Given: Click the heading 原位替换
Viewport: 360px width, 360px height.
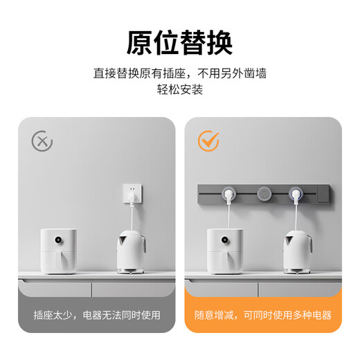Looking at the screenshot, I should click(179, 42).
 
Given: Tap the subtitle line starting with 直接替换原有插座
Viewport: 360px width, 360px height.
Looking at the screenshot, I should click(179, 73).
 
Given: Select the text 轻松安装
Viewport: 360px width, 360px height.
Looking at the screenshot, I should click(179, 90).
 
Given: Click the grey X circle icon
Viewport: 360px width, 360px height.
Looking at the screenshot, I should click(42, 142).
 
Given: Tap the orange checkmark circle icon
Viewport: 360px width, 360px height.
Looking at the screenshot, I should click(208, 141).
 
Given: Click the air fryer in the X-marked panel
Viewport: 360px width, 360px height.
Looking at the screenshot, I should click(60, 249).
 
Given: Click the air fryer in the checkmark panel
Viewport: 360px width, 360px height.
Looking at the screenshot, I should click(225, 249).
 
